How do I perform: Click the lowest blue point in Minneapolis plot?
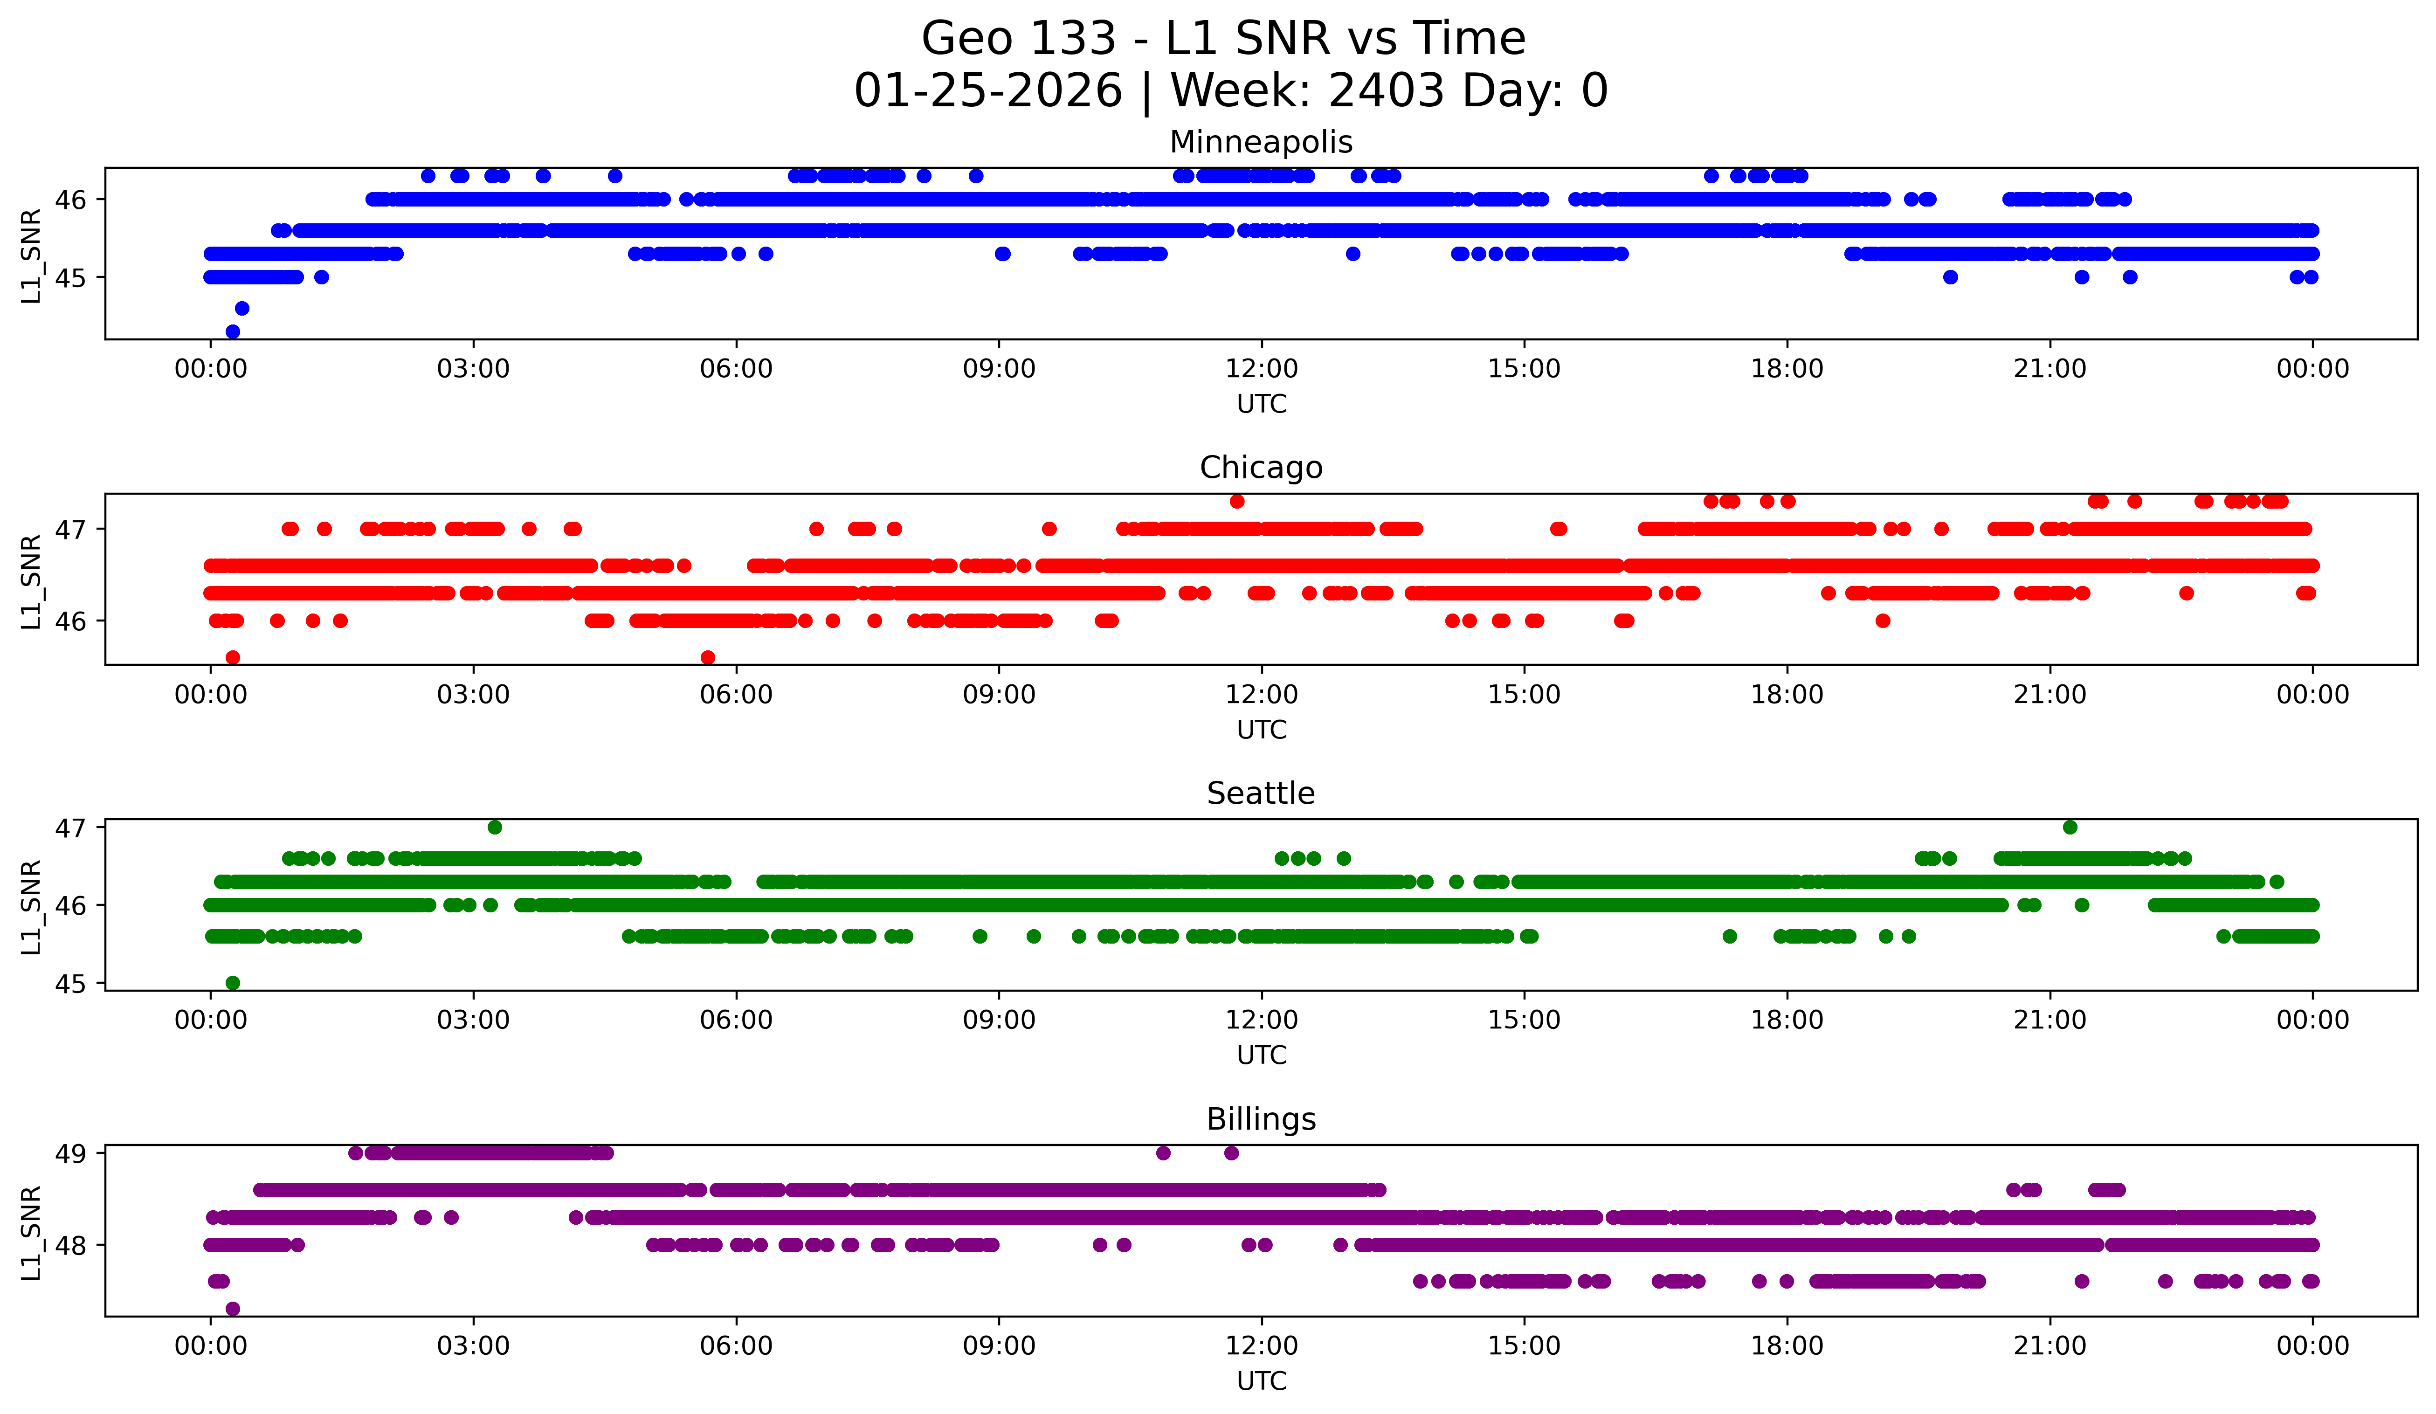point(232,331)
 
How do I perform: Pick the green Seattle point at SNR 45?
point(232,983)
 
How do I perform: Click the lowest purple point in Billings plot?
point(232,1309)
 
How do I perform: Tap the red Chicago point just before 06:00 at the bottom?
point(708,657)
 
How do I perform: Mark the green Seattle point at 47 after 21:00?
point(2070,828)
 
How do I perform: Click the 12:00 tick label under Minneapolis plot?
point(1261,369)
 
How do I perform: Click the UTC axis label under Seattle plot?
point(1261,1055)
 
